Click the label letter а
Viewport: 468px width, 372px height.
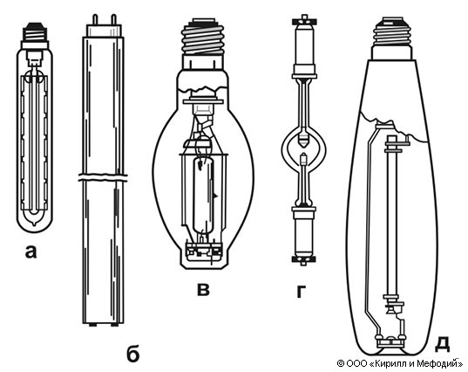point(31,251)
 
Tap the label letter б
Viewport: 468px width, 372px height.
point(132,354)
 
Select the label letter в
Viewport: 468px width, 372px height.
point(203,289)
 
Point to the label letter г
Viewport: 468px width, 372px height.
point(302,292)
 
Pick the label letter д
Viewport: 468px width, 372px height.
point(442,343)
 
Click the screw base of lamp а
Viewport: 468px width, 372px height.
point(35,32)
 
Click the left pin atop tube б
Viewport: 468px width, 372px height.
point(96,19)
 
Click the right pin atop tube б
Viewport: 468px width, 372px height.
point(113,19)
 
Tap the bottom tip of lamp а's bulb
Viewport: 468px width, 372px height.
point(35,224)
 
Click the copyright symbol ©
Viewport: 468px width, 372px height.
point(341,363)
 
